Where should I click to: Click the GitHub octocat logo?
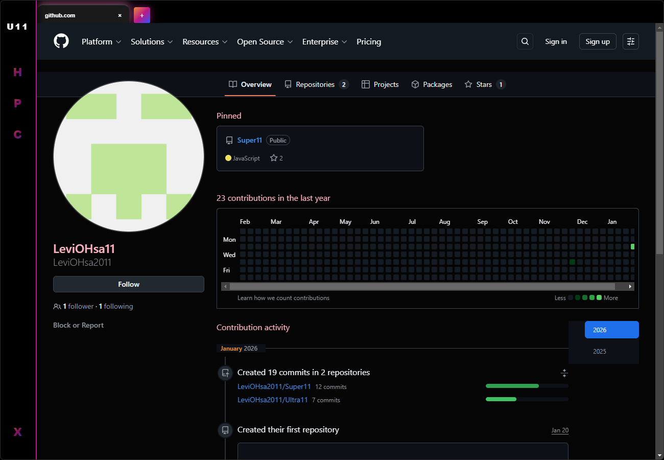click(x=61, y=41)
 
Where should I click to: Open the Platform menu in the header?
click(x=101, y=42)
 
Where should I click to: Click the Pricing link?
click(x=369, y=42)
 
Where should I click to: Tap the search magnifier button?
click(x=525, y=41)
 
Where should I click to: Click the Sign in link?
click(x=556, y=41)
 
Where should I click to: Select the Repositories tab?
click(x=315, y=84)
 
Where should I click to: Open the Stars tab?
click(x=484, y=84)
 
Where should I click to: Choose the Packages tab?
click(x=437, y=84)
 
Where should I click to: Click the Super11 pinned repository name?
click(x=250, y=140)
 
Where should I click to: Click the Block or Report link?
click(x=78, y=325)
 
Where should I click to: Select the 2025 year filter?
click(x=600, y=352)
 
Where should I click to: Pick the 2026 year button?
click(x=611, y=330)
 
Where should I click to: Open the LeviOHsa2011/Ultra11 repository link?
click(x=273, y=400)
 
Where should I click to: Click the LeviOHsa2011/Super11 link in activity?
click(x=274, y=386)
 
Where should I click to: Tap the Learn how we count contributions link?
click(x=283, y=298)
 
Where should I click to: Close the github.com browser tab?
click(x=120, y=15)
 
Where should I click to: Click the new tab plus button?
click(x=142, y=15)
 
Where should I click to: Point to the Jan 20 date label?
click(x=560, y=430)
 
